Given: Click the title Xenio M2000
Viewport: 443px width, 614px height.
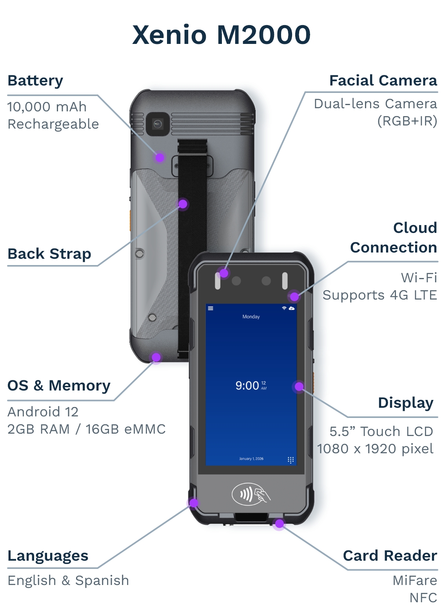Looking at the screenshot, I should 221,35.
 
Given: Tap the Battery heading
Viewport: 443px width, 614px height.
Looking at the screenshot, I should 35,81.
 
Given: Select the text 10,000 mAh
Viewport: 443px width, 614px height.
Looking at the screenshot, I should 47,107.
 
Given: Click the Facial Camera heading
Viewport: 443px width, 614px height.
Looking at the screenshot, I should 383,81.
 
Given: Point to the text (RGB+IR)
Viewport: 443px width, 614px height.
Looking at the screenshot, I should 407,121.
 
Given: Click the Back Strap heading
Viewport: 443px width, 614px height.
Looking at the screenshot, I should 49,254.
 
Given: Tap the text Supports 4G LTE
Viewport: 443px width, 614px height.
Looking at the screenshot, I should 379,295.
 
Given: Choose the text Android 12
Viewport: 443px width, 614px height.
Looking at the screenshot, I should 43,412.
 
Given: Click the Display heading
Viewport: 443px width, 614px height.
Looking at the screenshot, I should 405,403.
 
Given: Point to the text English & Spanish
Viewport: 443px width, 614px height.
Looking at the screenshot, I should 68,580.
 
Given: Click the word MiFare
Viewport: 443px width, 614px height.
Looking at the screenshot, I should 415,580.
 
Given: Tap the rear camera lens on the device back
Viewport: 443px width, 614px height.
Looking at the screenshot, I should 158,124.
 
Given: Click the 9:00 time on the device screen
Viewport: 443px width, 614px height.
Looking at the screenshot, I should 247,386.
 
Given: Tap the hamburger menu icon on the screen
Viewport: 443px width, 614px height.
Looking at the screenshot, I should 211,309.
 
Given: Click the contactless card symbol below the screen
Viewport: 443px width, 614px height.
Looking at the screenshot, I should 251,494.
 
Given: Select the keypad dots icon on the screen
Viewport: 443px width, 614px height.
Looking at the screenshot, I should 290,460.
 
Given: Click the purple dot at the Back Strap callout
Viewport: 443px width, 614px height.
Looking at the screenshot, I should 183,204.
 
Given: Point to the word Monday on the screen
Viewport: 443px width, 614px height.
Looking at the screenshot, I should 251,317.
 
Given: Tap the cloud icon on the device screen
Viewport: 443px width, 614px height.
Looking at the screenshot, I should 292,309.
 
